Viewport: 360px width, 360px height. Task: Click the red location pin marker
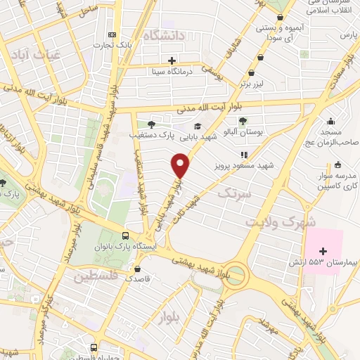point(181,166)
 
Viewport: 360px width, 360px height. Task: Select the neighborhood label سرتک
point(233,192)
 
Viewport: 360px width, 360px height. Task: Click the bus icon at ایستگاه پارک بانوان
point(125,236)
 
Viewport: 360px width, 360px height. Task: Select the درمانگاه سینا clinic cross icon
point(172,60)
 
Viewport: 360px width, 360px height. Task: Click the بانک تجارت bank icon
point(111,35)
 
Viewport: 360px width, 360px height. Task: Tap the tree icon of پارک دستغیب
point(151,124)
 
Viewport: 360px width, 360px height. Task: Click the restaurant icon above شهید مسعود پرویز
point(244,155)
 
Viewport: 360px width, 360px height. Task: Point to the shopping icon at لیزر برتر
point(251,72)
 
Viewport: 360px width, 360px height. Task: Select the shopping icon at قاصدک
point(136,269)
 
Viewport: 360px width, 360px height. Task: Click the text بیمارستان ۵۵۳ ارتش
point(321,262)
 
